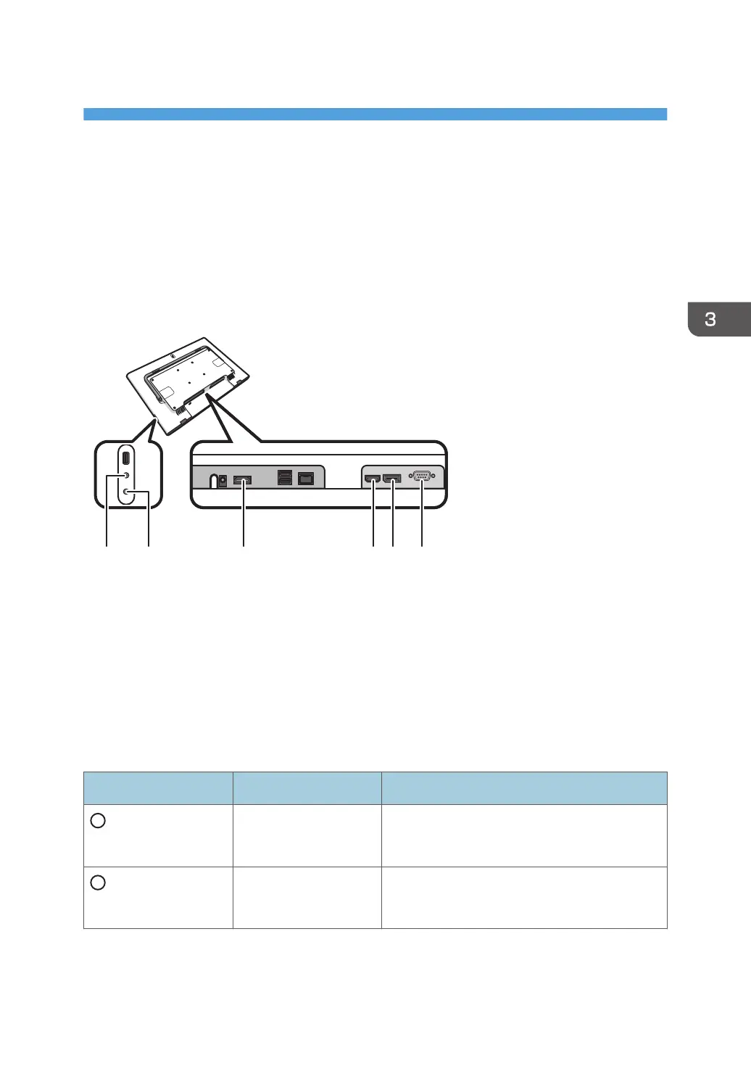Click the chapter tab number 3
(x=710, y=319)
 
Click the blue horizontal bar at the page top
(x=375, y=115)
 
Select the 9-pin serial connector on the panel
(x=422, y=476)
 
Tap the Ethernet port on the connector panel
(x=306, y=479)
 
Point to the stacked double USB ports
(x=284, y=479)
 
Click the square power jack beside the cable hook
(x=223, y=482)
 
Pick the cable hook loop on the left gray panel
(x=214, y=481)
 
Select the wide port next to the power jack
(x=243, y=480)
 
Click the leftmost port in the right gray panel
(x=373, y=479)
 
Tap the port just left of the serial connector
(x=392, y=479)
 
